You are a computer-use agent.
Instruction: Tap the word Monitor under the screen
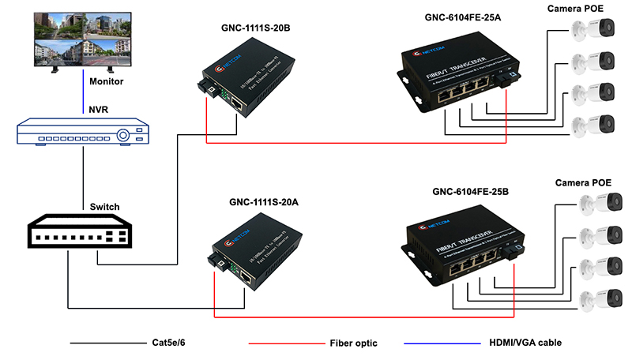tap(106, 81)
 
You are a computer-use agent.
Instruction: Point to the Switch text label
tap(104, 207)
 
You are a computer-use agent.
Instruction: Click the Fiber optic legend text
tap(352, 343)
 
